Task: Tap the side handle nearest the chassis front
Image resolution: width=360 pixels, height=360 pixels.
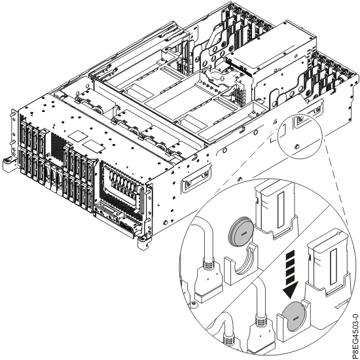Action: coord(198,176)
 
